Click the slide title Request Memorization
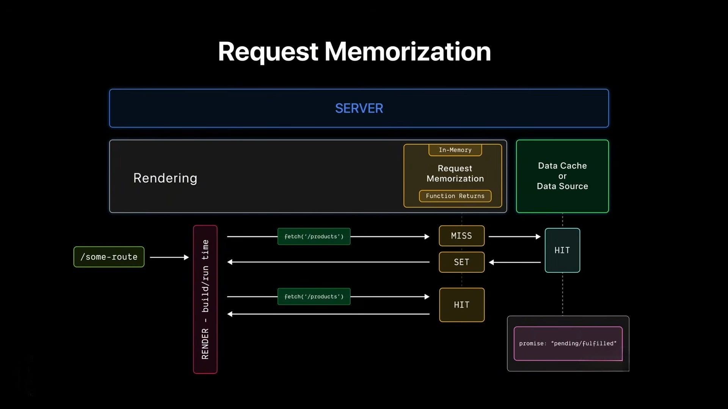point(354,52)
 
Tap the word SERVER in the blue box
point(359,108)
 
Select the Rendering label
point(165,178)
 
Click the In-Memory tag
point(455,150)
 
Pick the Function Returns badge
point(455,196)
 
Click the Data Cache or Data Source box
point(562,176)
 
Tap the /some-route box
point(109,257)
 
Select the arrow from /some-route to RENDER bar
point(169,257)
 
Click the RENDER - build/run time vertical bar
point(205,299)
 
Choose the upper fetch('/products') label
point(314,236)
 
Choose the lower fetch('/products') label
point(314,297)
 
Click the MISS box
point(461,236)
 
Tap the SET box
point(461,262)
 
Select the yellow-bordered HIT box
point(461,305)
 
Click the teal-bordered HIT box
point(562,250)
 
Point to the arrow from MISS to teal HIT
point(514,236)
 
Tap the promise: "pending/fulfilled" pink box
point(568,343)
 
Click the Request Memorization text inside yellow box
point(455,173)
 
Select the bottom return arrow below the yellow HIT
point(328,314)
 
